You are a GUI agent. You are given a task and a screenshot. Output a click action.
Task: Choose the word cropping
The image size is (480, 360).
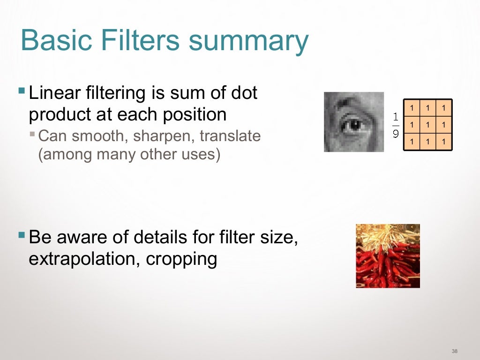[182, 259]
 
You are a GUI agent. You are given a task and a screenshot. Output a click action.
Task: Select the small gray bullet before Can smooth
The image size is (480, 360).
[32, 134]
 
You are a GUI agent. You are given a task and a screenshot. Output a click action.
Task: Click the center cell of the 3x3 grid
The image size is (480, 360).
[427, 125]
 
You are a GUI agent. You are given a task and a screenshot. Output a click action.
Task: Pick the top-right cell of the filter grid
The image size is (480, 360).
[443, 109]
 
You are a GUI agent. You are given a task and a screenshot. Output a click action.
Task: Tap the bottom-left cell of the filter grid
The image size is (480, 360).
[412, 141]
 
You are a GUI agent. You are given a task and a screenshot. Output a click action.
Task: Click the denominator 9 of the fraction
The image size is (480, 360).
[396, 134]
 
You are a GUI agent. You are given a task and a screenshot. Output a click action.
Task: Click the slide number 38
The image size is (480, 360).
[454, 351]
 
